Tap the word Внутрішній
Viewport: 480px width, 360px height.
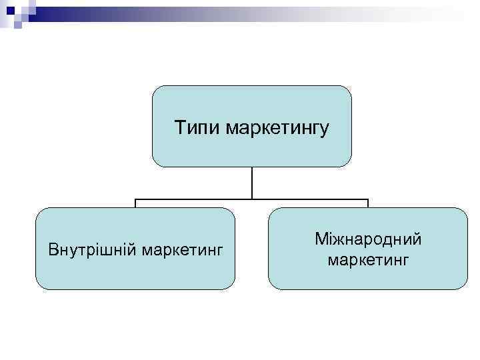click(91, 250)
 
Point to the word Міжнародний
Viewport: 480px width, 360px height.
click(369, 239)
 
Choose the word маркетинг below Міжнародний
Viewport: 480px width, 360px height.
click(369, 259)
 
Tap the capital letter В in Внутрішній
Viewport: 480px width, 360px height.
click(53, 250)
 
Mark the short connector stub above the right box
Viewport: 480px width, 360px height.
click(368, 203)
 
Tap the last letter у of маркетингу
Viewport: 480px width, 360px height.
click(325, 128)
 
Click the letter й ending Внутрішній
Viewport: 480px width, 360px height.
click(129, 250)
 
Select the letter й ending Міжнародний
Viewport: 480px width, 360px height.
click(417, 239)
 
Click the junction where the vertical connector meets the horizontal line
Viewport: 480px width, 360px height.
click(252, 199)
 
